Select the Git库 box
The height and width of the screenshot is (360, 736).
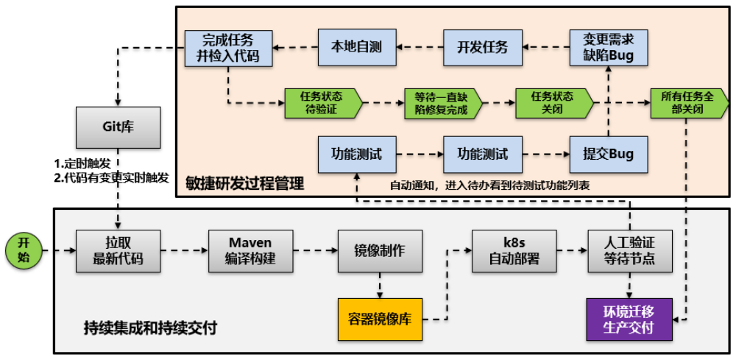point(117,126)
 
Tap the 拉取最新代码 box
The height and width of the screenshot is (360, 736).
point(117,251)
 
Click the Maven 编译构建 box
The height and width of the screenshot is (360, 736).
point(250,251)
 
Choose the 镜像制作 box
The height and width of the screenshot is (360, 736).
point(380,251)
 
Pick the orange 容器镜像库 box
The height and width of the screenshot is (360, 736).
point(380,320)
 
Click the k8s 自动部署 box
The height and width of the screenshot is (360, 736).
point(514,251)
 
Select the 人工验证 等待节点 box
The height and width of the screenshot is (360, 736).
point(629,251)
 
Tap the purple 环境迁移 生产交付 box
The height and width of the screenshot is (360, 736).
point(629,320)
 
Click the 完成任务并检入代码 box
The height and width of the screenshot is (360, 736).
point(228,48)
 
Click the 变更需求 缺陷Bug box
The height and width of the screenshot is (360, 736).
point(609,48)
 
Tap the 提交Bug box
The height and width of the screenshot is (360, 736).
point(609,155)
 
